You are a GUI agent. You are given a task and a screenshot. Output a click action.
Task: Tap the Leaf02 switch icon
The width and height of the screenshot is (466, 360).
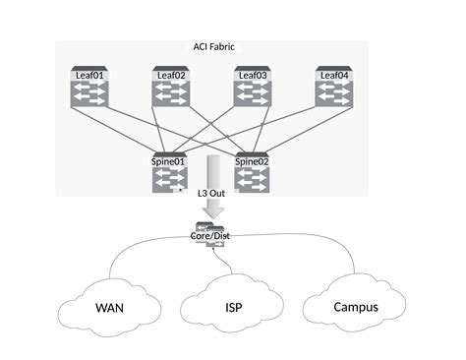[x=170, y=94]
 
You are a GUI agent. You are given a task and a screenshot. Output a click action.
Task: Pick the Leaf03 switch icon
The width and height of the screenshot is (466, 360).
[x=252, y=94]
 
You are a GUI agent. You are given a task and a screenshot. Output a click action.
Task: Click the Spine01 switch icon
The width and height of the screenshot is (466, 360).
[x=169, y=179]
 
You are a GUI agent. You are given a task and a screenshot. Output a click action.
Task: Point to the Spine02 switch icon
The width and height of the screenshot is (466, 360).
[x=253, y=179]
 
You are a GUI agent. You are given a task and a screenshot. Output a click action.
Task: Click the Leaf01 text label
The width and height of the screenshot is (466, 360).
[x=89, y=75]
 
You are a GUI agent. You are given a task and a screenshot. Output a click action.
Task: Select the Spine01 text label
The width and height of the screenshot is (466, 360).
[x=169, y=161]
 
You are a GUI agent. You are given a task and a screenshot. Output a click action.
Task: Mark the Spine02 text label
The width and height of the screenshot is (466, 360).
[x=253, y=161]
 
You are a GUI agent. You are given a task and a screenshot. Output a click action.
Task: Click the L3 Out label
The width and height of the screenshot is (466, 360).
[x=211, y=194]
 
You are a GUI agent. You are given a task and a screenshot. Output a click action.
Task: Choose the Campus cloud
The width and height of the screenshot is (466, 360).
[x=355, y=306]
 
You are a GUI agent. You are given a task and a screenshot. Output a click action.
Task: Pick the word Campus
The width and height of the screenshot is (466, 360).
[x=355, y=307]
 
